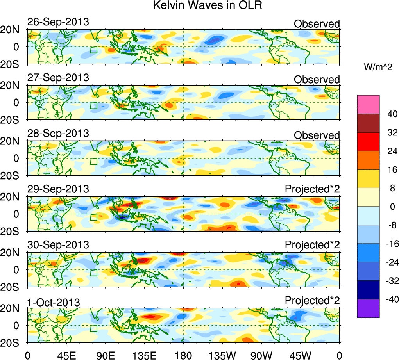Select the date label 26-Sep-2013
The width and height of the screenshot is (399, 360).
(58, 22)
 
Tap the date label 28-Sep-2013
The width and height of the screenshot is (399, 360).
(58, 133)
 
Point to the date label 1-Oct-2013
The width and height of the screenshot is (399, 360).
(54, 302)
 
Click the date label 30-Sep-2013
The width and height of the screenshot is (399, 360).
(58, 245)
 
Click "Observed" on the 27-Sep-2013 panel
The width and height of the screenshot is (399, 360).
(317, 80)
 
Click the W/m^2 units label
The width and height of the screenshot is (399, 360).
(378, 67)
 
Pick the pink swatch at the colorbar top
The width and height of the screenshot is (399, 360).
(368, 104)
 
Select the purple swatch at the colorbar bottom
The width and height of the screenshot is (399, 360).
(368, 308)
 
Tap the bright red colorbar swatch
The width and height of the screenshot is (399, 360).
(368, 141)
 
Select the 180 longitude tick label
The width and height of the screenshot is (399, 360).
(183, 355)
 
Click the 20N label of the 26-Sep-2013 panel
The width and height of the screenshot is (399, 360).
(13, 30)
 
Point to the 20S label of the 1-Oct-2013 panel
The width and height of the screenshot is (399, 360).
(13, 342)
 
